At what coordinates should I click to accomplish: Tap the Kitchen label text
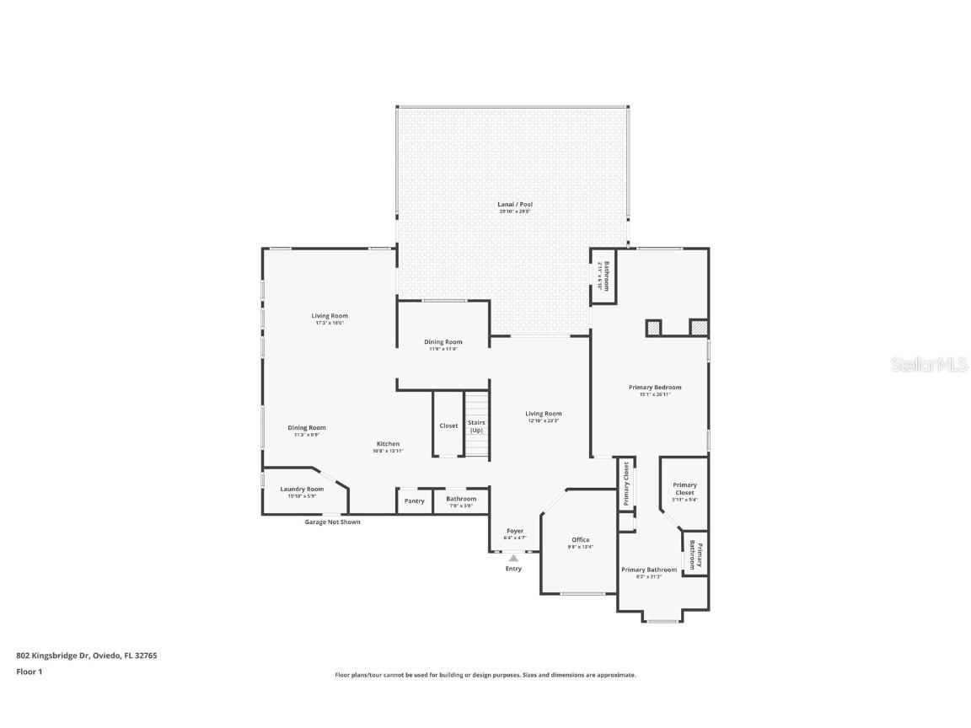388,444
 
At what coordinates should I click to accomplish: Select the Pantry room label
414,500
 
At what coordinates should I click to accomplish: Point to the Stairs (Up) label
476,426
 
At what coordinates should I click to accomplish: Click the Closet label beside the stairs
448,426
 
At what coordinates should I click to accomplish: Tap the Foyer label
514,532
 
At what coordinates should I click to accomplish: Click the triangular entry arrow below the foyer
513,557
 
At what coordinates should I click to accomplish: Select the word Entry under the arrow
513,569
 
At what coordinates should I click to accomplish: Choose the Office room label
580,540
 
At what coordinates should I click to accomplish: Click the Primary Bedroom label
655,388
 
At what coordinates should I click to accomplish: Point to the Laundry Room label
302,490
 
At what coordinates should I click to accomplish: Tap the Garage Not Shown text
332,522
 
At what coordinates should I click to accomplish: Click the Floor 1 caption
29,672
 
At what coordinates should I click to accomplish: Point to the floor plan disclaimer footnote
485,675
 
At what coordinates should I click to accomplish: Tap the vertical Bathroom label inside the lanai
604,276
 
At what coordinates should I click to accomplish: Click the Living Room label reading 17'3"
330,316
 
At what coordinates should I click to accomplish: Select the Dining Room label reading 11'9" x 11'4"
443,342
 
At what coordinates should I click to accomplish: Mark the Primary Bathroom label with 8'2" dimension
649,570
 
